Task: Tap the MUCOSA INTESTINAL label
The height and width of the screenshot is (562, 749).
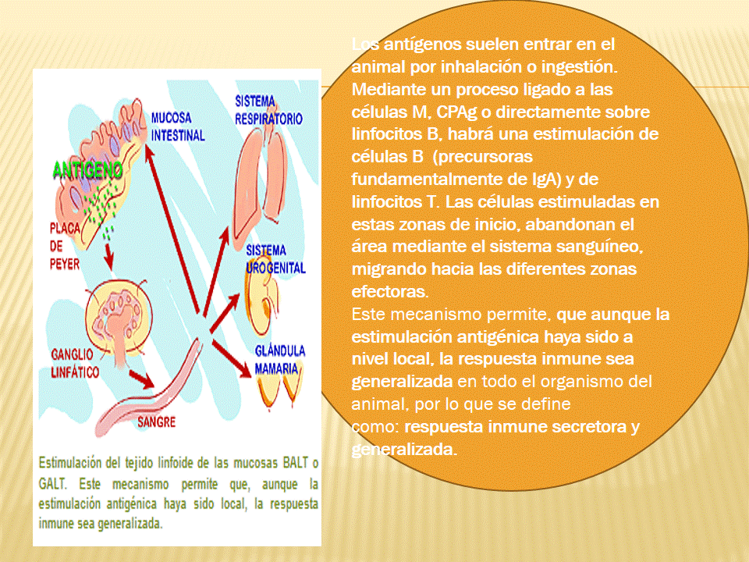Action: [178, 126]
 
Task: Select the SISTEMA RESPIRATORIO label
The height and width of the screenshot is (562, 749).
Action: [268, 109]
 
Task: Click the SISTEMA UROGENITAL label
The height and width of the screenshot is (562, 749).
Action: [275, 259]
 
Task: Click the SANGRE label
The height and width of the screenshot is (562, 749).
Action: [156, 422]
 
